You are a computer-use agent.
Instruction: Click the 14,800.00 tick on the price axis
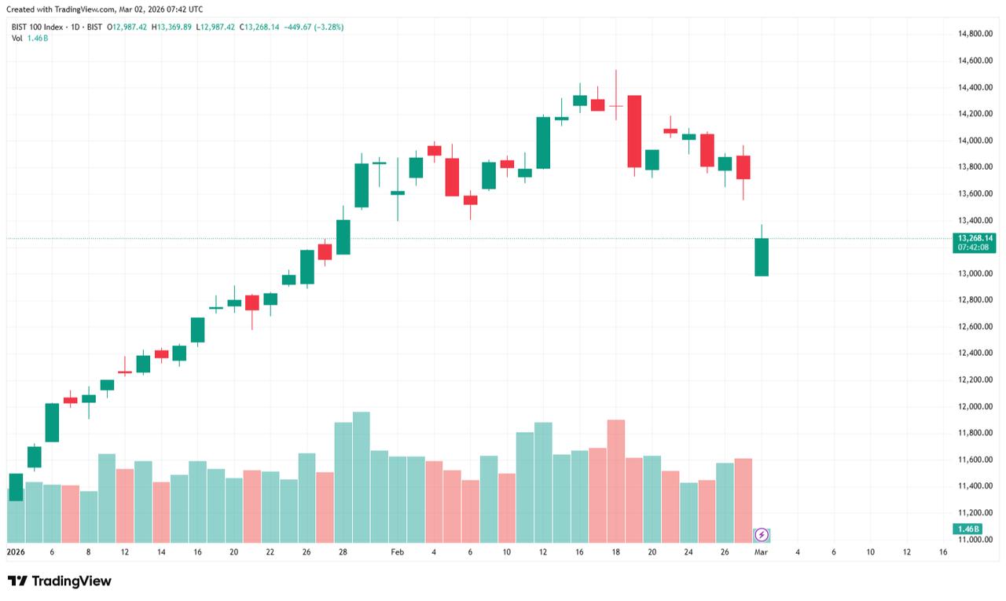point(975,34)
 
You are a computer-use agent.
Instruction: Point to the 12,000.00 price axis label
point(975,406)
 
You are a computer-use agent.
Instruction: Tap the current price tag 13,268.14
point(975,238)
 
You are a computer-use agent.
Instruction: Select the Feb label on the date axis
point(397,552)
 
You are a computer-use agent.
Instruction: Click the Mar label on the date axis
point(761,552)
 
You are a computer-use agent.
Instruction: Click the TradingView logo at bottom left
point(60,581)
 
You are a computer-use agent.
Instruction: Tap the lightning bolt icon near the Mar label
point(761,535)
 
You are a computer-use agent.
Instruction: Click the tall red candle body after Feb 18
point(634,131)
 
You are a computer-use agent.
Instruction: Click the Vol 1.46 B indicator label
point(30,38)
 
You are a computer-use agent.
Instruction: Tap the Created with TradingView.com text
point(104,9)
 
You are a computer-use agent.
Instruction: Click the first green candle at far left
point(16,486)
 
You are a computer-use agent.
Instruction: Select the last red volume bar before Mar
point(743,500)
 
